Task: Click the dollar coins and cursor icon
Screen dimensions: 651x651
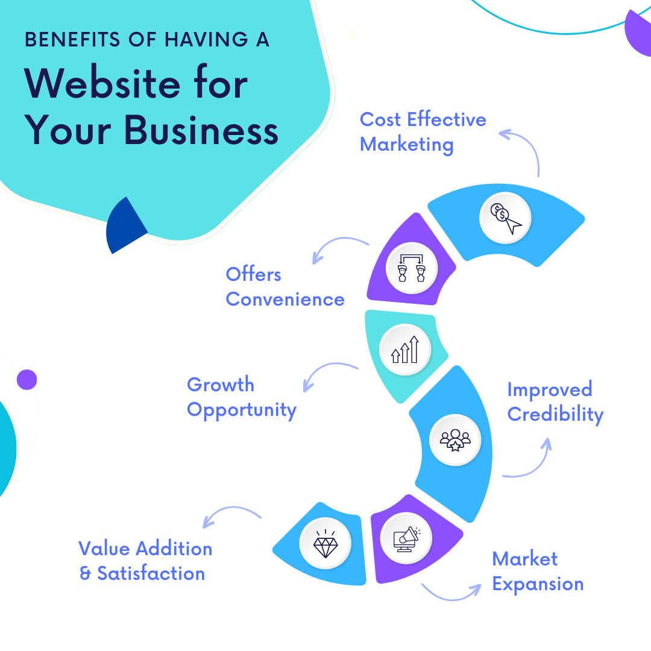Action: (x=505, y=218)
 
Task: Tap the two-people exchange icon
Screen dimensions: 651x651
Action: (x=410, y=268)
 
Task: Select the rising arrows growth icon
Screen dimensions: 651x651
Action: (x=404, y=349)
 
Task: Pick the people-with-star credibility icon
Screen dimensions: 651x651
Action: (x=454, y=440)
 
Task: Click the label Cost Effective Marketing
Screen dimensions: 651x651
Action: (x=423, y=132)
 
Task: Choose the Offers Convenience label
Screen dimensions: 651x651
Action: (x=285, y=287)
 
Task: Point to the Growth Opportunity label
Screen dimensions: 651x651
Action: (x=241, y=397)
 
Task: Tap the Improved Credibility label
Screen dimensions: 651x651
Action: (x=555, y=401)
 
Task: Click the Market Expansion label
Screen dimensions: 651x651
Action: (x=537, y=571)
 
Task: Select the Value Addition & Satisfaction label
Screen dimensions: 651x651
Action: (x=145, y=561)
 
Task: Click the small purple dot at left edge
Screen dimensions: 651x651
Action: (x=27, y=380)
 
